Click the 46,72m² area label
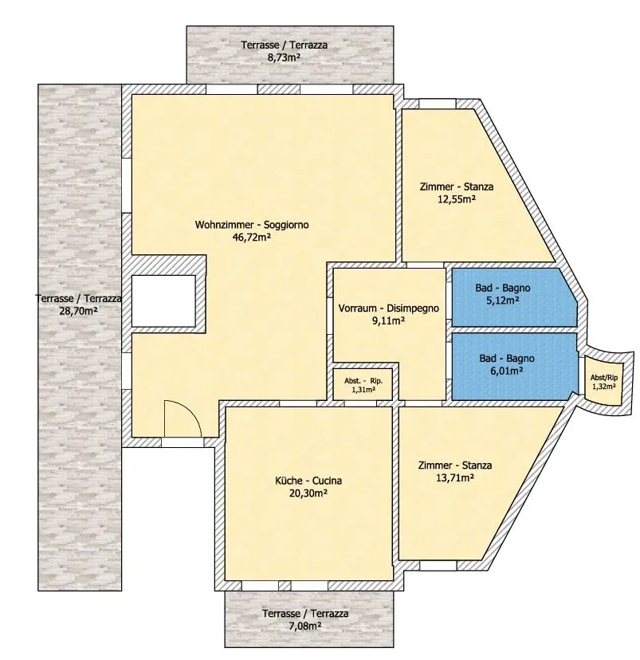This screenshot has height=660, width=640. tap(251, 237)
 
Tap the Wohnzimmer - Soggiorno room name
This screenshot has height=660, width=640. tap(252, 225)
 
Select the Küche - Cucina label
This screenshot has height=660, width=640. tap(308, 481)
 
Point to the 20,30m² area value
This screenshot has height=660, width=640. tap(308, 493)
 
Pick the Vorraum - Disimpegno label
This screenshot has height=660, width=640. tap(389, 308)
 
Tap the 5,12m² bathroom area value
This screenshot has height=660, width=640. tap(502, 301)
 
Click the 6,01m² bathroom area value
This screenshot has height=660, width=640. tap(507, 371)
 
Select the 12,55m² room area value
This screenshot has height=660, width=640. tap(457, 199)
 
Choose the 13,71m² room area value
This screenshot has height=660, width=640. tap(455, 477)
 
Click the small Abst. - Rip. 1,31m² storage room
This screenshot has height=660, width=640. tap(363, 385)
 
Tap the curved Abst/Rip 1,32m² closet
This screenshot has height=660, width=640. tap(604, 381)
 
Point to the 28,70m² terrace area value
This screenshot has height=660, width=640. tap(78, 311)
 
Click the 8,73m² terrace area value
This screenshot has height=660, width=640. tap(284, 57)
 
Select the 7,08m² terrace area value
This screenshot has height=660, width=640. tap(305, 626)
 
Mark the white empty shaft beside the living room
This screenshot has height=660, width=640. tap(163, 301)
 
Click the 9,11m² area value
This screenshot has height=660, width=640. tap(388, 320)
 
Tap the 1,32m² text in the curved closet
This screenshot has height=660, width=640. tap(604, 386)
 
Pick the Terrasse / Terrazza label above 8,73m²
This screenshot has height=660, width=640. tap(284, 45)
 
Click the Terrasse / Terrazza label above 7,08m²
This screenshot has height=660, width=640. tap(305, 614)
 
